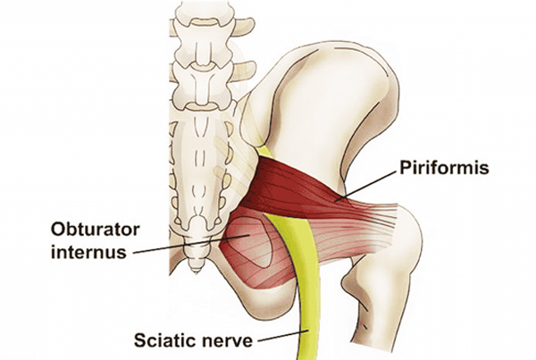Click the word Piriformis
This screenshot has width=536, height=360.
(444, 168)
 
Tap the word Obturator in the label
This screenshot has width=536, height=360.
(95, 230)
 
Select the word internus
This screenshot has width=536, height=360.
(88, 252)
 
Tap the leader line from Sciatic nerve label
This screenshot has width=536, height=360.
(283, 336)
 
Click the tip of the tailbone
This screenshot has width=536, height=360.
(196, 272)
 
